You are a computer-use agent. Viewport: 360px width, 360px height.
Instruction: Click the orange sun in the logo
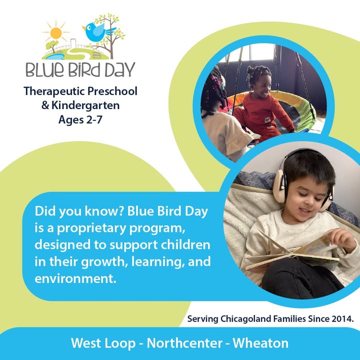click(x=56, y=33)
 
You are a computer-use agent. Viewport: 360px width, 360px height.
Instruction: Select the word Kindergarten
click(x=85, y=105)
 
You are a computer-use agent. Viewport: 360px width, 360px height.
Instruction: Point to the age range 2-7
click(x=94, y=119)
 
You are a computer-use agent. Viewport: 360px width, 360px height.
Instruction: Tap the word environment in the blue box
click(x=75, y=278)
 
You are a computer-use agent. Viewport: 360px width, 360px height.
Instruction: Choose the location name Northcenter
click(x=184, y=343)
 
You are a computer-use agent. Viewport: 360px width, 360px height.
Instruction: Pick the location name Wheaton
click(x=260, y=343)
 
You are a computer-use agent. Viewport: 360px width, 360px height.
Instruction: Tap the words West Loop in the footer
click(x=103, y=343)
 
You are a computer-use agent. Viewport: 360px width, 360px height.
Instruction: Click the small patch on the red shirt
click(x=267, y=119)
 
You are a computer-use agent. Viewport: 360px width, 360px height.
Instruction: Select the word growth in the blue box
click(x=104, y=262)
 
